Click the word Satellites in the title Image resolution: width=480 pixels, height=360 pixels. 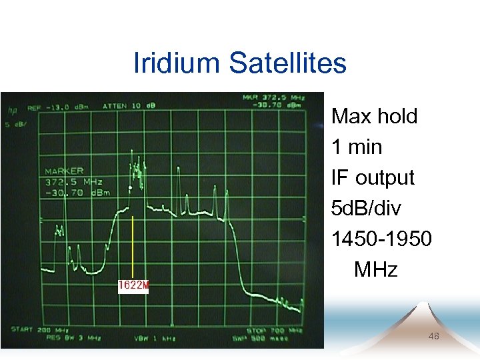pos(288,63)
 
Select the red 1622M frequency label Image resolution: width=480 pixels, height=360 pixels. pos(133,285)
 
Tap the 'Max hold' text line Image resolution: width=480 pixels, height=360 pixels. pos(374,117)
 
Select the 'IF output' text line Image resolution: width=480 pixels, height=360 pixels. pos(373,178)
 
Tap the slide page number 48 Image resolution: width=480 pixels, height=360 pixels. pos(433,337)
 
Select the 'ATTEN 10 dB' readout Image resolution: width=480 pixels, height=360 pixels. pos(129,105)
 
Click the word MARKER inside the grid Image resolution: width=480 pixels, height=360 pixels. pos(64,171)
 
